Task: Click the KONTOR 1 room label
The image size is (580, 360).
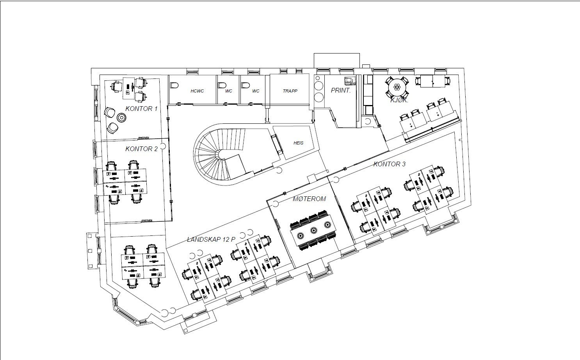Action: pos(141,109)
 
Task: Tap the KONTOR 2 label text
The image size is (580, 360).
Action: pos(141,149)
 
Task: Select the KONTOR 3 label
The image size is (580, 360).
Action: pos(390,164)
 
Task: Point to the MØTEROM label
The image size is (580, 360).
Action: pos(309,199)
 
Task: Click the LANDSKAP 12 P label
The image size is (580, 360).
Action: pos(211,239)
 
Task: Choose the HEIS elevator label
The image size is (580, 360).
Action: pos(298,143)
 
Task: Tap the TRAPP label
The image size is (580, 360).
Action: pos(290,91)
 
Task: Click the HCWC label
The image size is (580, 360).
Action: pos(197,91)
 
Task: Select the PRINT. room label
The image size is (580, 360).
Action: pos(341,90)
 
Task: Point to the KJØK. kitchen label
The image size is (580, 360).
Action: pos(399,100)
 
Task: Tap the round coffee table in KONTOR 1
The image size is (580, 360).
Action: pos(121,118)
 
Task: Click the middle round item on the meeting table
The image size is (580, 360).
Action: pos(314,230)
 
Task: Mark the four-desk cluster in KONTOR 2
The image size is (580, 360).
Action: pos(125,182)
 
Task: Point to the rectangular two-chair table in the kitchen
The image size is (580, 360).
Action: pos(433,81)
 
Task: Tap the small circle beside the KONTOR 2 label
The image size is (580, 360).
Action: pos(163,146)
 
